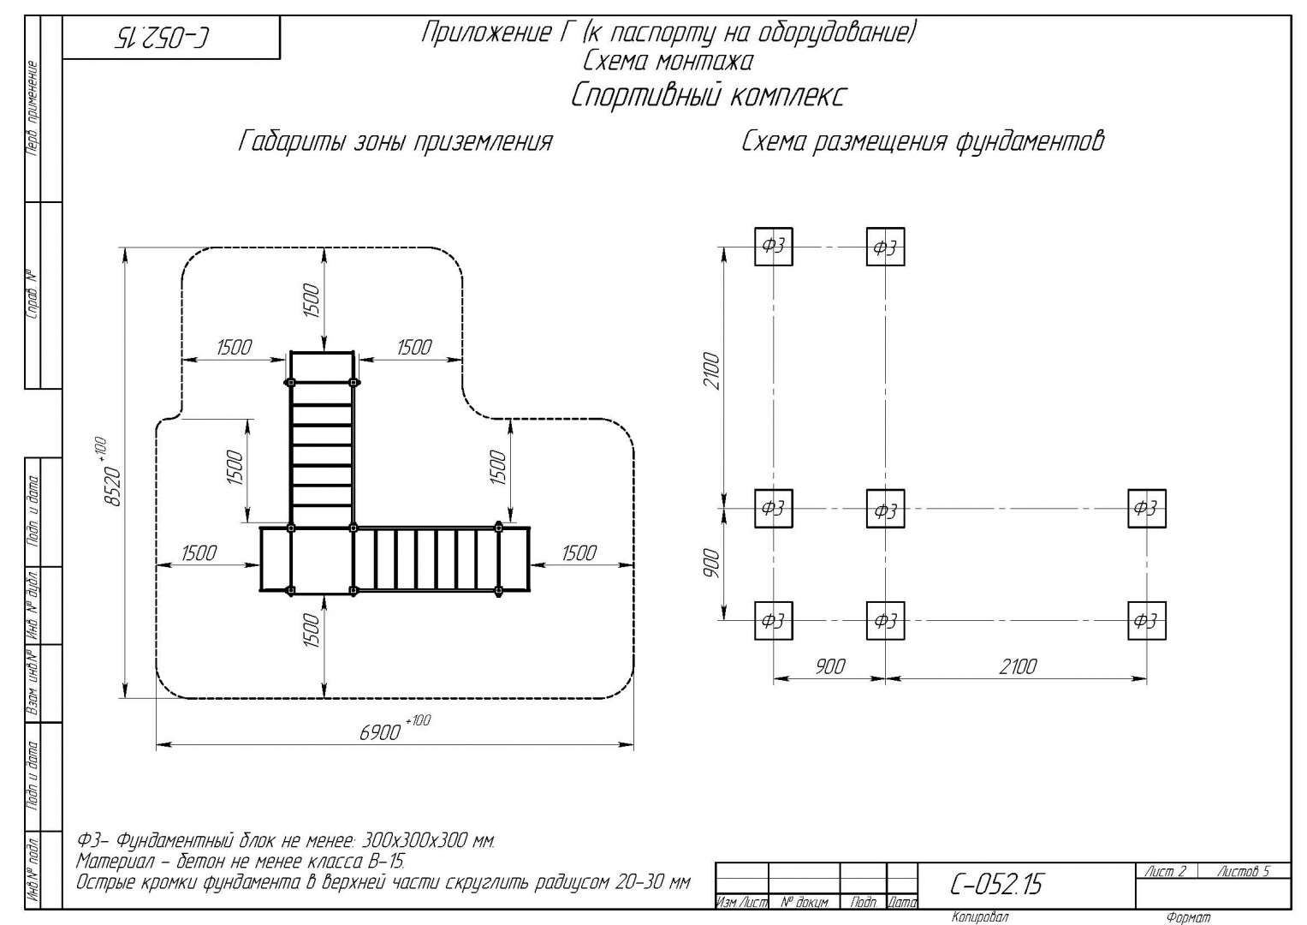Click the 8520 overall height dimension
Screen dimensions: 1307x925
point(111,472)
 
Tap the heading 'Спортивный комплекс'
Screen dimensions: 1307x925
point(708,95)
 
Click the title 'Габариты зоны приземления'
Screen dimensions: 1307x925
point(395,142)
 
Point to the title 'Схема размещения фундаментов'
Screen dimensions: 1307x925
point(923,142)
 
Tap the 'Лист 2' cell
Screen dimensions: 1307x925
point(1165,871)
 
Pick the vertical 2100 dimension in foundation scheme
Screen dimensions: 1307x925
point(712,371)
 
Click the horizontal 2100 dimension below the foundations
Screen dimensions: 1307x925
point(1018,666)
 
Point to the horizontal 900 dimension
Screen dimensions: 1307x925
point(829,666)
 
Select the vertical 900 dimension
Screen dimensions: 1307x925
point(712,564)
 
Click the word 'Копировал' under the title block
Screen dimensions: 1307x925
point(980,916)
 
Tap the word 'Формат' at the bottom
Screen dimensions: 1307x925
point(1189,917)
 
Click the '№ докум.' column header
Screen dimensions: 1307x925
point(805,903)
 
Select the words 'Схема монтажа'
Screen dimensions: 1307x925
point(668,62)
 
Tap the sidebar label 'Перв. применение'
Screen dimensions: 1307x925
point(33,109)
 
